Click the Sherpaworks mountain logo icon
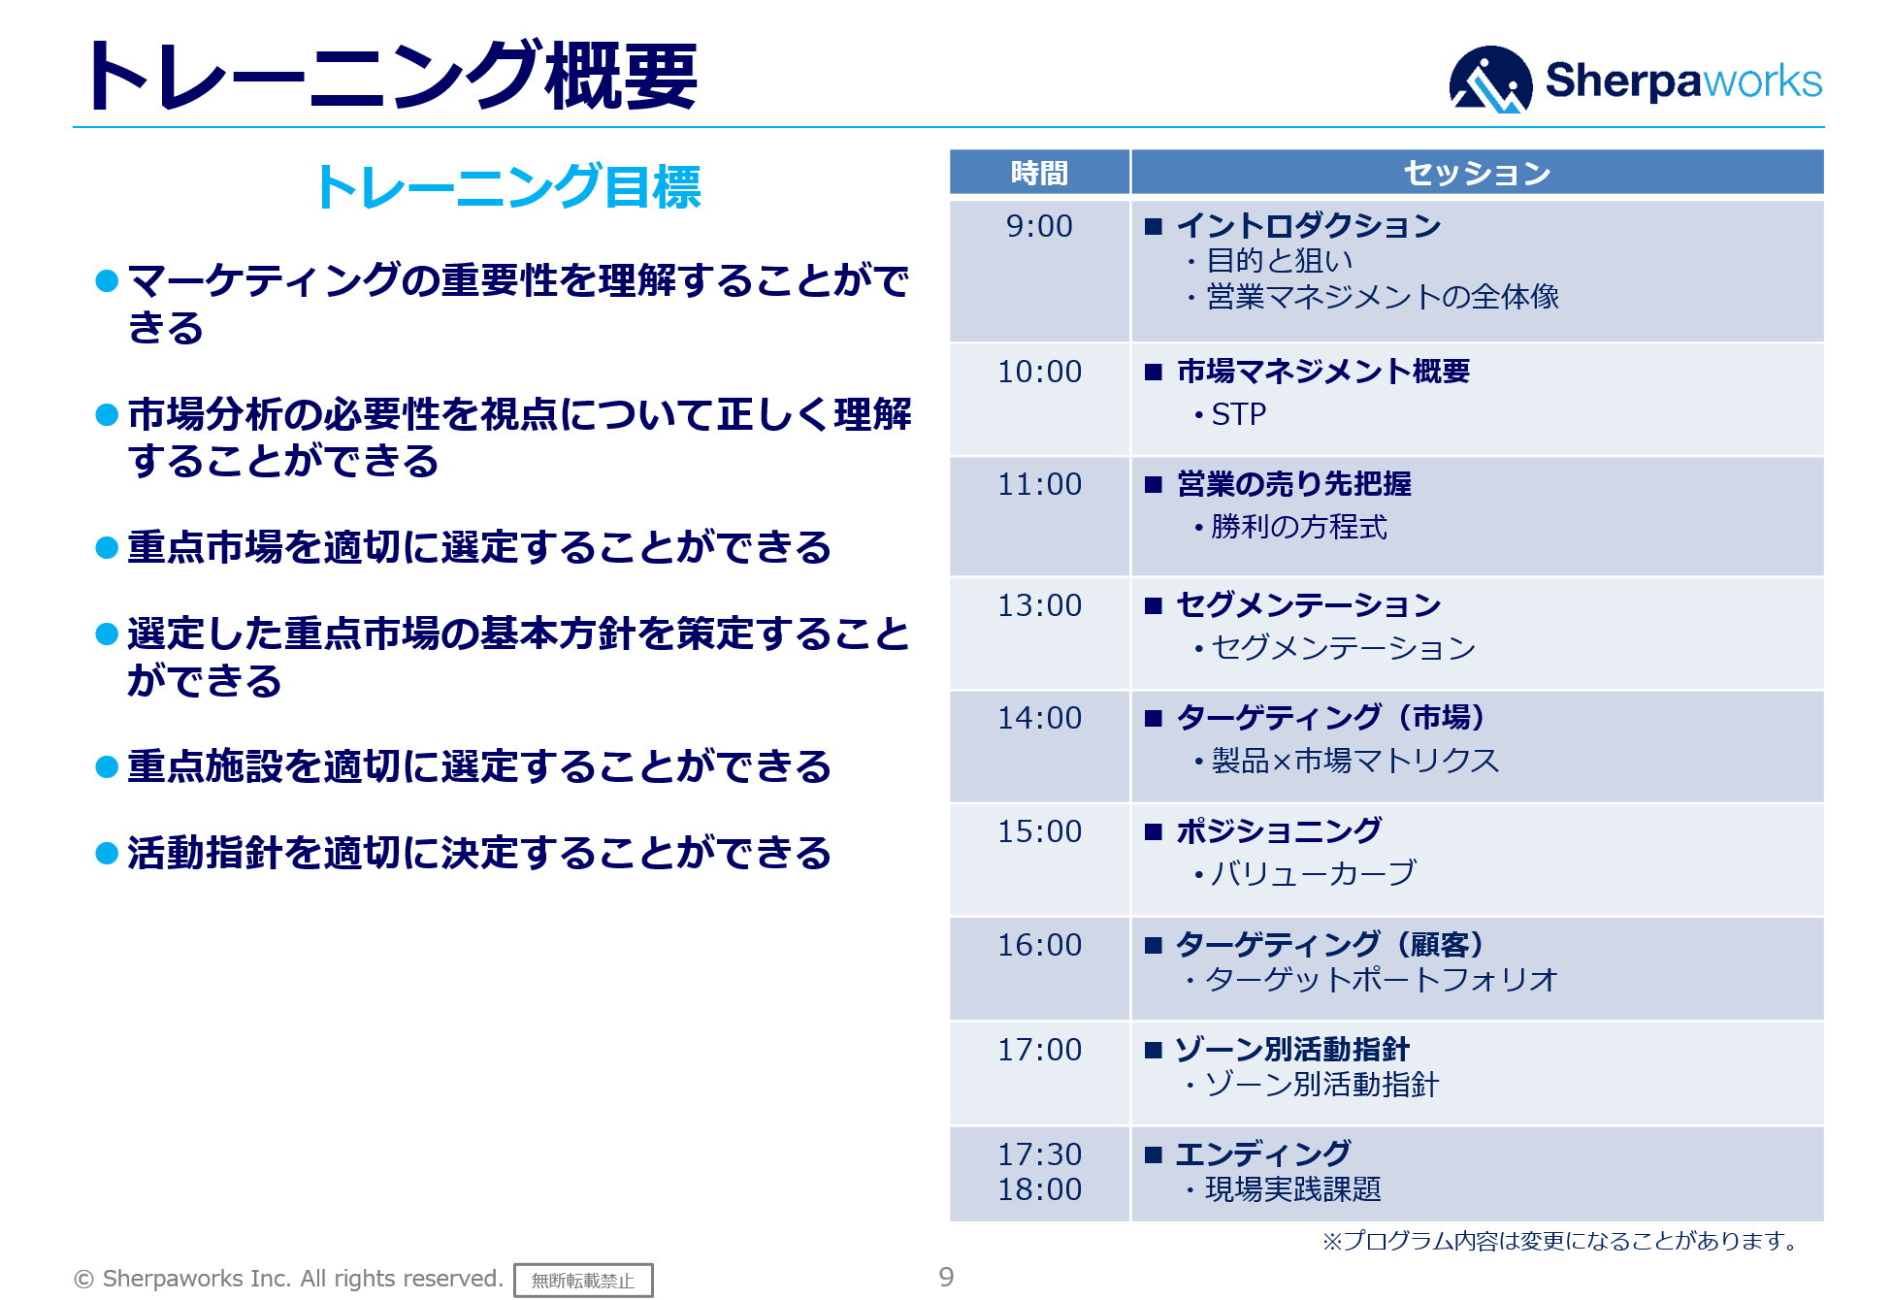click(x=1489, y=80)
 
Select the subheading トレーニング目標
click(x=507, y=186)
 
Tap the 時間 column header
click(x=1039, y=173)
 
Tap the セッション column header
click(x=1477, y=173)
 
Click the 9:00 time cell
click(x=1039, y=226)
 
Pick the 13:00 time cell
click(x=1039, y=605)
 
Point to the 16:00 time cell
click(x=1039, y=945)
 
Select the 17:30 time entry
click(x=1039, y=1154)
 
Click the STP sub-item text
click(x=1238, y=414)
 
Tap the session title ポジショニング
click(x=1278, y=831)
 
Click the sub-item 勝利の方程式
click(x=1298, y=527)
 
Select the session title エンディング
click(x=1262, y=1154)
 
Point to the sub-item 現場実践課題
click(x=1292, y=1189)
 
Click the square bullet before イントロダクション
click(x=1153, y=227)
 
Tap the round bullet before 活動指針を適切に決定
click(x=107, y=854)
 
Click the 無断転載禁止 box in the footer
click(x=583, y=1281)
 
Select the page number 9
click(x=946, y=1278)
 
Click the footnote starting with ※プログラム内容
click(x=1563, y=1241)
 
